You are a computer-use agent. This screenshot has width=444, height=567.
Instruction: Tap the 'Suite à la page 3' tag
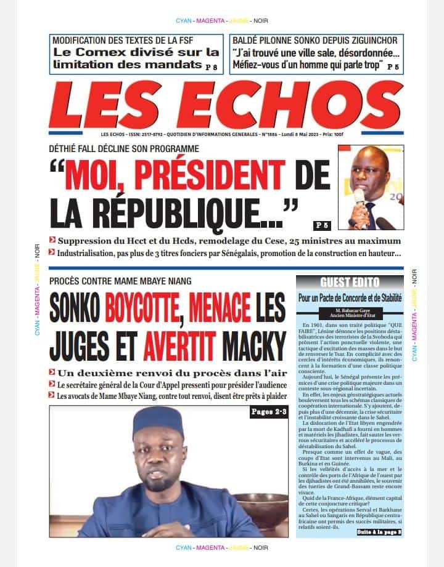click(x=379, y=531)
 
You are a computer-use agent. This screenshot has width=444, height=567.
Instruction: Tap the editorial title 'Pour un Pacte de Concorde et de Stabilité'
click(x=350, y=297)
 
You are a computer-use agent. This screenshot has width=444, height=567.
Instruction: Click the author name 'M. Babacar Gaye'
click(x=349, y=311)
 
